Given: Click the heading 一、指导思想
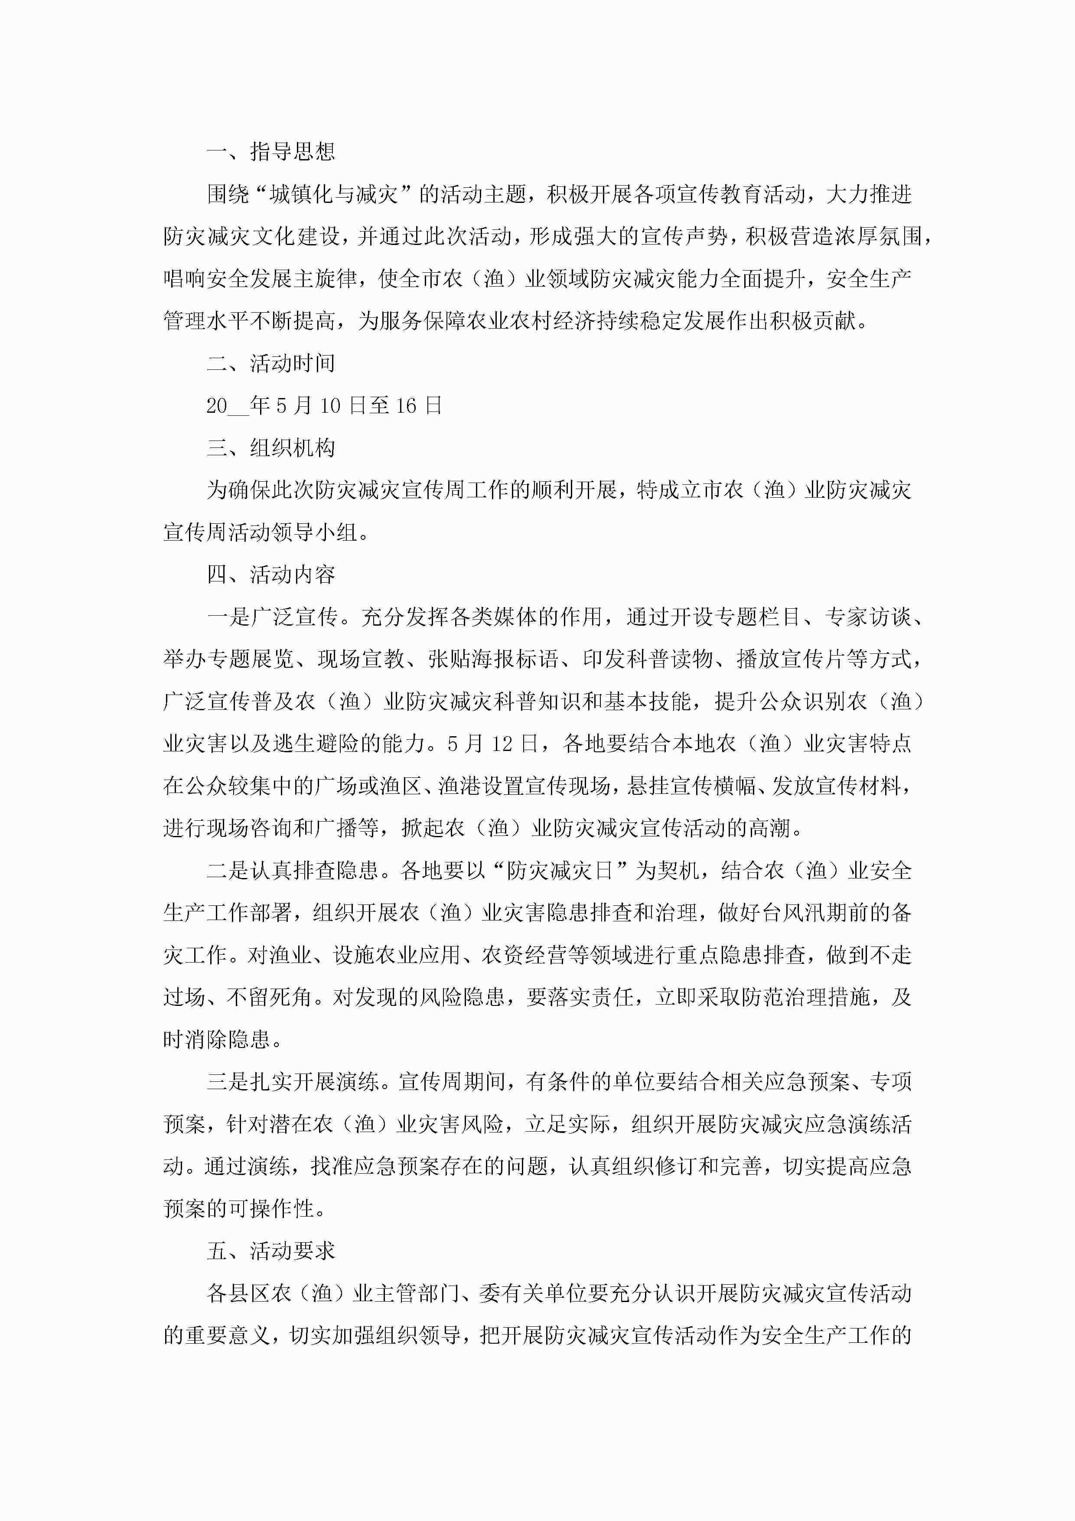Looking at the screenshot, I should (271, 152).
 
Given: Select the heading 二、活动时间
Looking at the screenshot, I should (271, 363).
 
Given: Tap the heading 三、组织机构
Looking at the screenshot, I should (271, 448).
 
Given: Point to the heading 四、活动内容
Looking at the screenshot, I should (271, 574).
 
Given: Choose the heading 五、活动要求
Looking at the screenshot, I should (271, 1251).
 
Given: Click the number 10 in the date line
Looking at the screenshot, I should (330, 405).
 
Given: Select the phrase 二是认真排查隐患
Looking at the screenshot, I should (293, 871).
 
